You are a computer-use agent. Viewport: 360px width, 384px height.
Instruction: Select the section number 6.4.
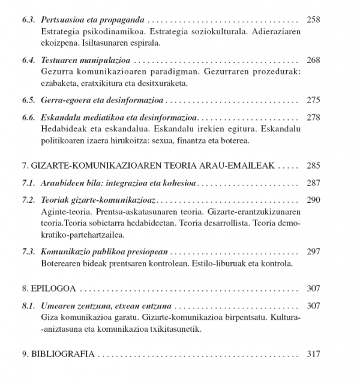[x=29, y=61]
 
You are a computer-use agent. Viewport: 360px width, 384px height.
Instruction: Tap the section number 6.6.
[x=29, y=117]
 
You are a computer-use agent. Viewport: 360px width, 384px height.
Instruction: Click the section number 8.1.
[x=29, y=305]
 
